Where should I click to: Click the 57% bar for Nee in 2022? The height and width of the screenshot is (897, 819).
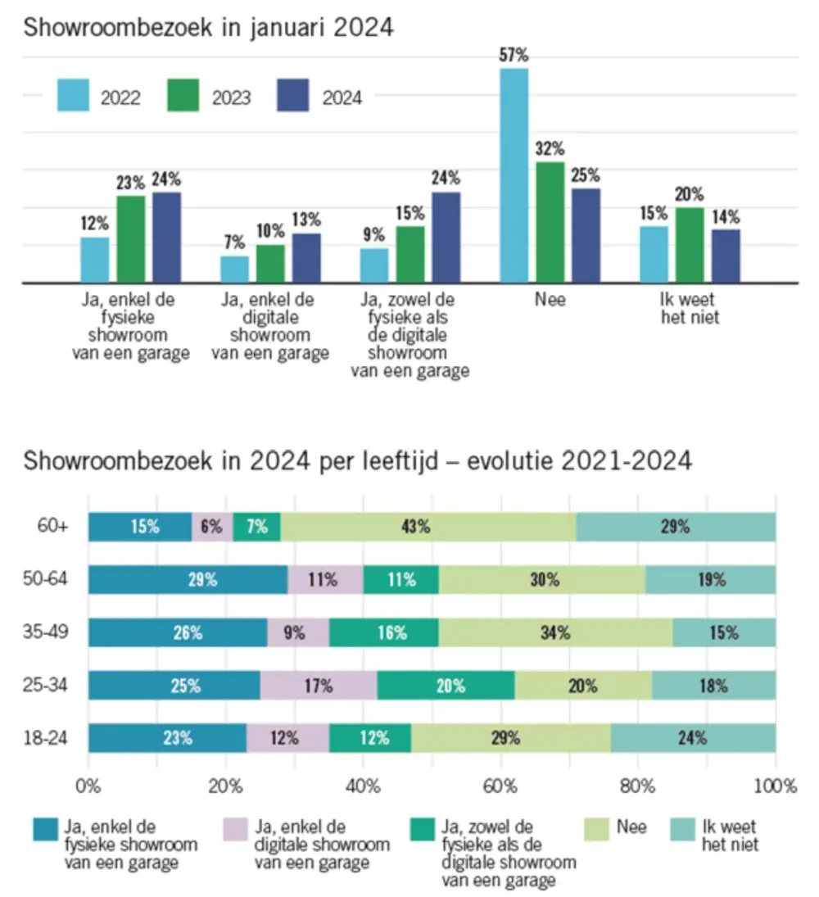[514, 175]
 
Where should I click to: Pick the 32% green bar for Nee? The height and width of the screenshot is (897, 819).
[550, 222]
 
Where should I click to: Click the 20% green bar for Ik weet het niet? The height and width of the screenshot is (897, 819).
[689, 245]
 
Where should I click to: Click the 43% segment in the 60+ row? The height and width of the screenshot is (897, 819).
[428, 527]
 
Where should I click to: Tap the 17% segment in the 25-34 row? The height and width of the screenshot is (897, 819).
[319, 686]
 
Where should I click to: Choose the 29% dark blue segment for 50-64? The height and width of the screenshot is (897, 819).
[188, 580]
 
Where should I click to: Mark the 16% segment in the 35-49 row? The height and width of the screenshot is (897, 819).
[384, 632]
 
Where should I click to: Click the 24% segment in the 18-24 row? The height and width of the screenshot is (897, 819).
[693, 737]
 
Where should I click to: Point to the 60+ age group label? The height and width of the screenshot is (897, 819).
[52, 527]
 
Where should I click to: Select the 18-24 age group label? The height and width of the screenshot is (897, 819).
[48, 737]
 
